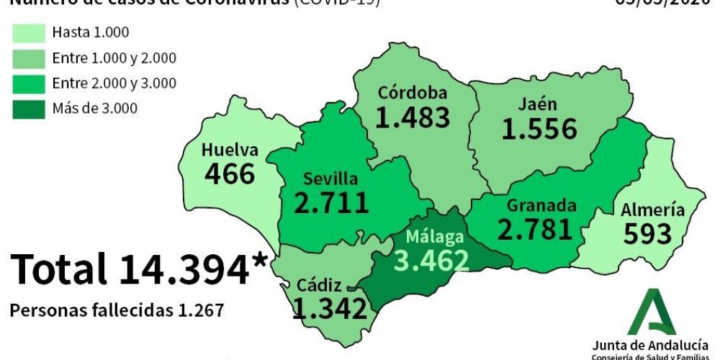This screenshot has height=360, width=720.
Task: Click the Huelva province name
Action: click(230, 150)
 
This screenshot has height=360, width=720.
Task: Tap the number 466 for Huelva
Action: click(230, 174)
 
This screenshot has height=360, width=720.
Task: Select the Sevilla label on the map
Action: click(330, 179)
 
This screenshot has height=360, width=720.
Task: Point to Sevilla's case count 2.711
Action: click(331, 202)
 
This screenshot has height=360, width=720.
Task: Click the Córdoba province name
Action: click(413, 93)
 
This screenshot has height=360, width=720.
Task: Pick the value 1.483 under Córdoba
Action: click(413, 117)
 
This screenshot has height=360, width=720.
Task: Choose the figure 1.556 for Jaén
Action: click(539, 129)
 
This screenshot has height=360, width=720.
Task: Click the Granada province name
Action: click(541, 205)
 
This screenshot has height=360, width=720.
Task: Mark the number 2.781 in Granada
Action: click(534, 229)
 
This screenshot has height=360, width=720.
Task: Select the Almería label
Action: click(652, 210)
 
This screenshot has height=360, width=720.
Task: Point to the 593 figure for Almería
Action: click(647, 234)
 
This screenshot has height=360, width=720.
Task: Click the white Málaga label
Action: click(434, 237)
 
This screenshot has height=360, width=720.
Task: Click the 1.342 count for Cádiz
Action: click(330, 308)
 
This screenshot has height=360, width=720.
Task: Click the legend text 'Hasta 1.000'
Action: click(91, 32)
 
